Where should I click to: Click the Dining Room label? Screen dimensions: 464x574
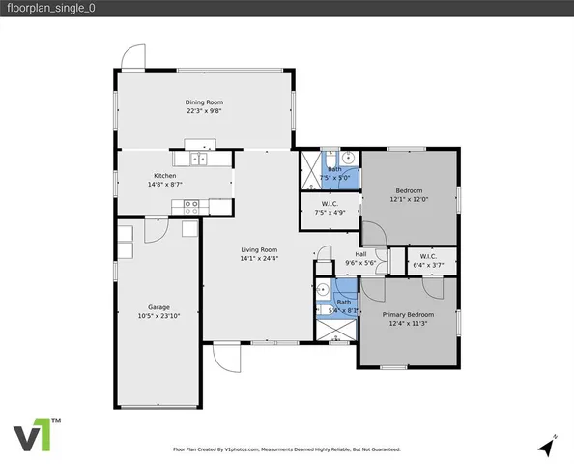click(204, 101)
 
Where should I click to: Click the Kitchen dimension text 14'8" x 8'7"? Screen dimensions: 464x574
click(164, 184)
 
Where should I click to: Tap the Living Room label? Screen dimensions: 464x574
click(258, 250)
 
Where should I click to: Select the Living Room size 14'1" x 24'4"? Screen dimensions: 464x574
click(258, 259)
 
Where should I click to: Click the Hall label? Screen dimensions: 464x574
click(359, 254)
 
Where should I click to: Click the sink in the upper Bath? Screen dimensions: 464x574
click(348, 158)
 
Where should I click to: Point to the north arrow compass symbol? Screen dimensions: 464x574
click(548, 446)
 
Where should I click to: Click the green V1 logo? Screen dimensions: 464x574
click(35, 436)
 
